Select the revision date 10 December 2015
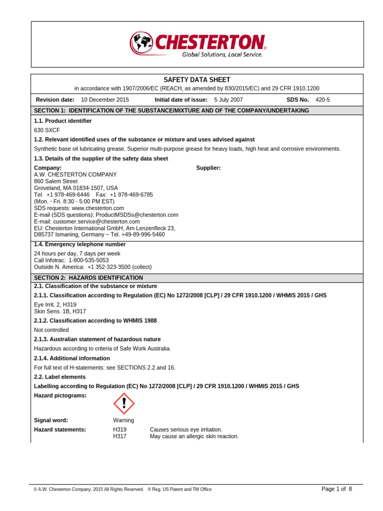click(105, 100)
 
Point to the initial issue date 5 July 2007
click(228, 100)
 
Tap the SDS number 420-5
click(323, 100)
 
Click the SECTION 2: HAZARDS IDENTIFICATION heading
click(88, 277)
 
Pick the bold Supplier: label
click(208, 168)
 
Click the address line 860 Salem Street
click(55, 181)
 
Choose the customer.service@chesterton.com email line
click(87, 221)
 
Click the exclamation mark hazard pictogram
click(124, 403)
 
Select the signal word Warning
click(124, 420)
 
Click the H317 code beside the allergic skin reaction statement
click(120, 436)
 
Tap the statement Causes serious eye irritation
click(186, 430)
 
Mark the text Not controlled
click(51, 330)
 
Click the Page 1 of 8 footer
click(337, 489)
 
